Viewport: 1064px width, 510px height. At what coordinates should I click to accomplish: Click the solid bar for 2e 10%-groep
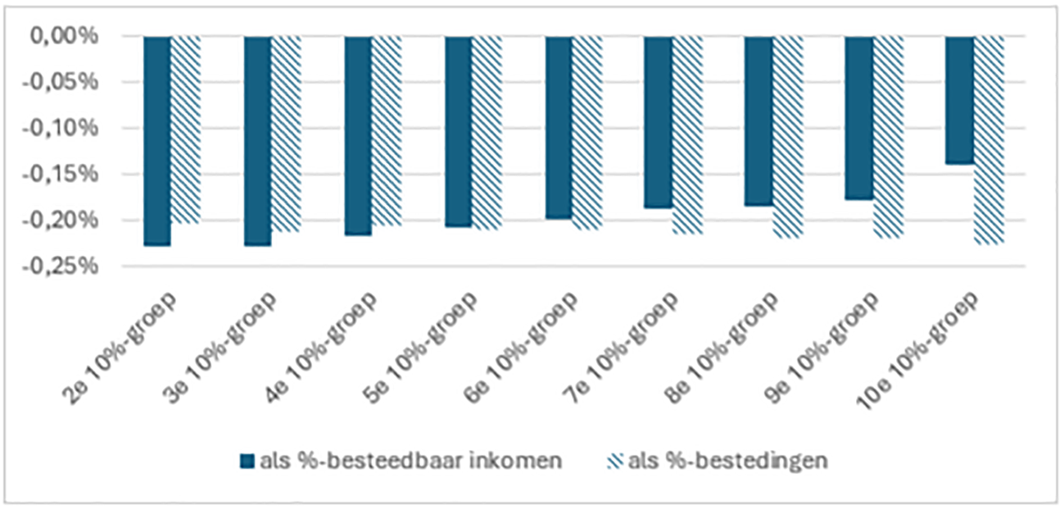pos(157,140)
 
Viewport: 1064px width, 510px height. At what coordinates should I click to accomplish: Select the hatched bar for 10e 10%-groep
pos(989,139)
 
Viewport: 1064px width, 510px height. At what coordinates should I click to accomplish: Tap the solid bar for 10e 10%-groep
pos(959,100)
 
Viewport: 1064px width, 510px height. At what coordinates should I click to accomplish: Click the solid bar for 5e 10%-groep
pos(458,131)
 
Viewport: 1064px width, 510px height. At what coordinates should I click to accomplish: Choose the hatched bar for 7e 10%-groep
pos(686,134)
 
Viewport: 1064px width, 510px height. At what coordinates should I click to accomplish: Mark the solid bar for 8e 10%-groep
pos(758,121)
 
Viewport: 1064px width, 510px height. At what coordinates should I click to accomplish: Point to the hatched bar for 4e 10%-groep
pos(386,130)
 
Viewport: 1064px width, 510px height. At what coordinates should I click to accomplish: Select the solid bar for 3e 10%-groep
pos(257,140)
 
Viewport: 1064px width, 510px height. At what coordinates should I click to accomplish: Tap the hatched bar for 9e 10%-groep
pos(888,136)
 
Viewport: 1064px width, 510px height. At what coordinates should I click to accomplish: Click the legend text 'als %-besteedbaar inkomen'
pos(410,461)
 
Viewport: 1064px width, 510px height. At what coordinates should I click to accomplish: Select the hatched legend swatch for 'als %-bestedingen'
pos(615,461)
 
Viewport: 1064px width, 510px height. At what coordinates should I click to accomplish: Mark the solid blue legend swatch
pos(247,461)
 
